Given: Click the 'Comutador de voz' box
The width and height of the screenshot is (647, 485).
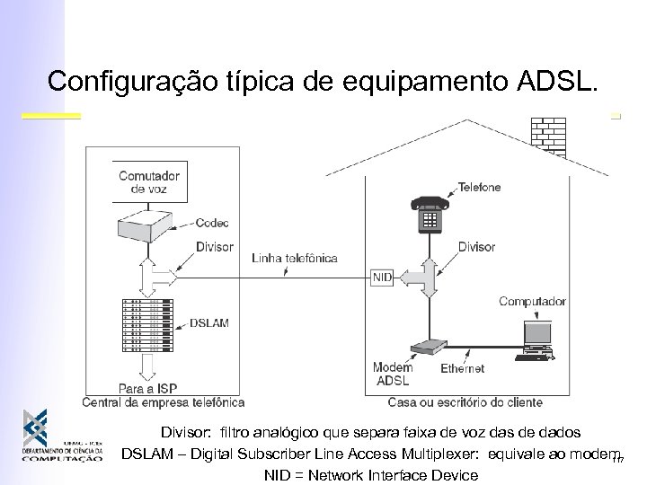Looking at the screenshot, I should coord(149,182).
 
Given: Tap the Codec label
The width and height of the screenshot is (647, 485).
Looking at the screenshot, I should coord(214,222).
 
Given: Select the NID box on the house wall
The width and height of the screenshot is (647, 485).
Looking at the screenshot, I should coord(381,278).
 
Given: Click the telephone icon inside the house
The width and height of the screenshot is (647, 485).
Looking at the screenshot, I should coord(427,214).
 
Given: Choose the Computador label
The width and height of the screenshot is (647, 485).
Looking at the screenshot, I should coord(533,301).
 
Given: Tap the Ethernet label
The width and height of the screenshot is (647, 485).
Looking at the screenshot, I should coord(463,368).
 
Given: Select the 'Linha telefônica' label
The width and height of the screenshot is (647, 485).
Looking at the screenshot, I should coord(295,258).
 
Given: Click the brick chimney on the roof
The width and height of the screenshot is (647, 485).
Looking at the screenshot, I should coord(548,136).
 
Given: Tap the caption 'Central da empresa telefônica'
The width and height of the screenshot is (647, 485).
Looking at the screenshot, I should coord(163,402).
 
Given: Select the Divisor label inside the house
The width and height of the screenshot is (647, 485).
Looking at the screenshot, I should coord(501,246).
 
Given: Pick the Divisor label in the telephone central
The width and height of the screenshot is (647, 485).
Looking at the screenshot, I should coord(214,246).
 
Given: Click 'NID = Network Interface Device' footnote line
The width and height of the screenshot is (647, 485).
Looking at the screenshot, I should coord(370,474).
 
